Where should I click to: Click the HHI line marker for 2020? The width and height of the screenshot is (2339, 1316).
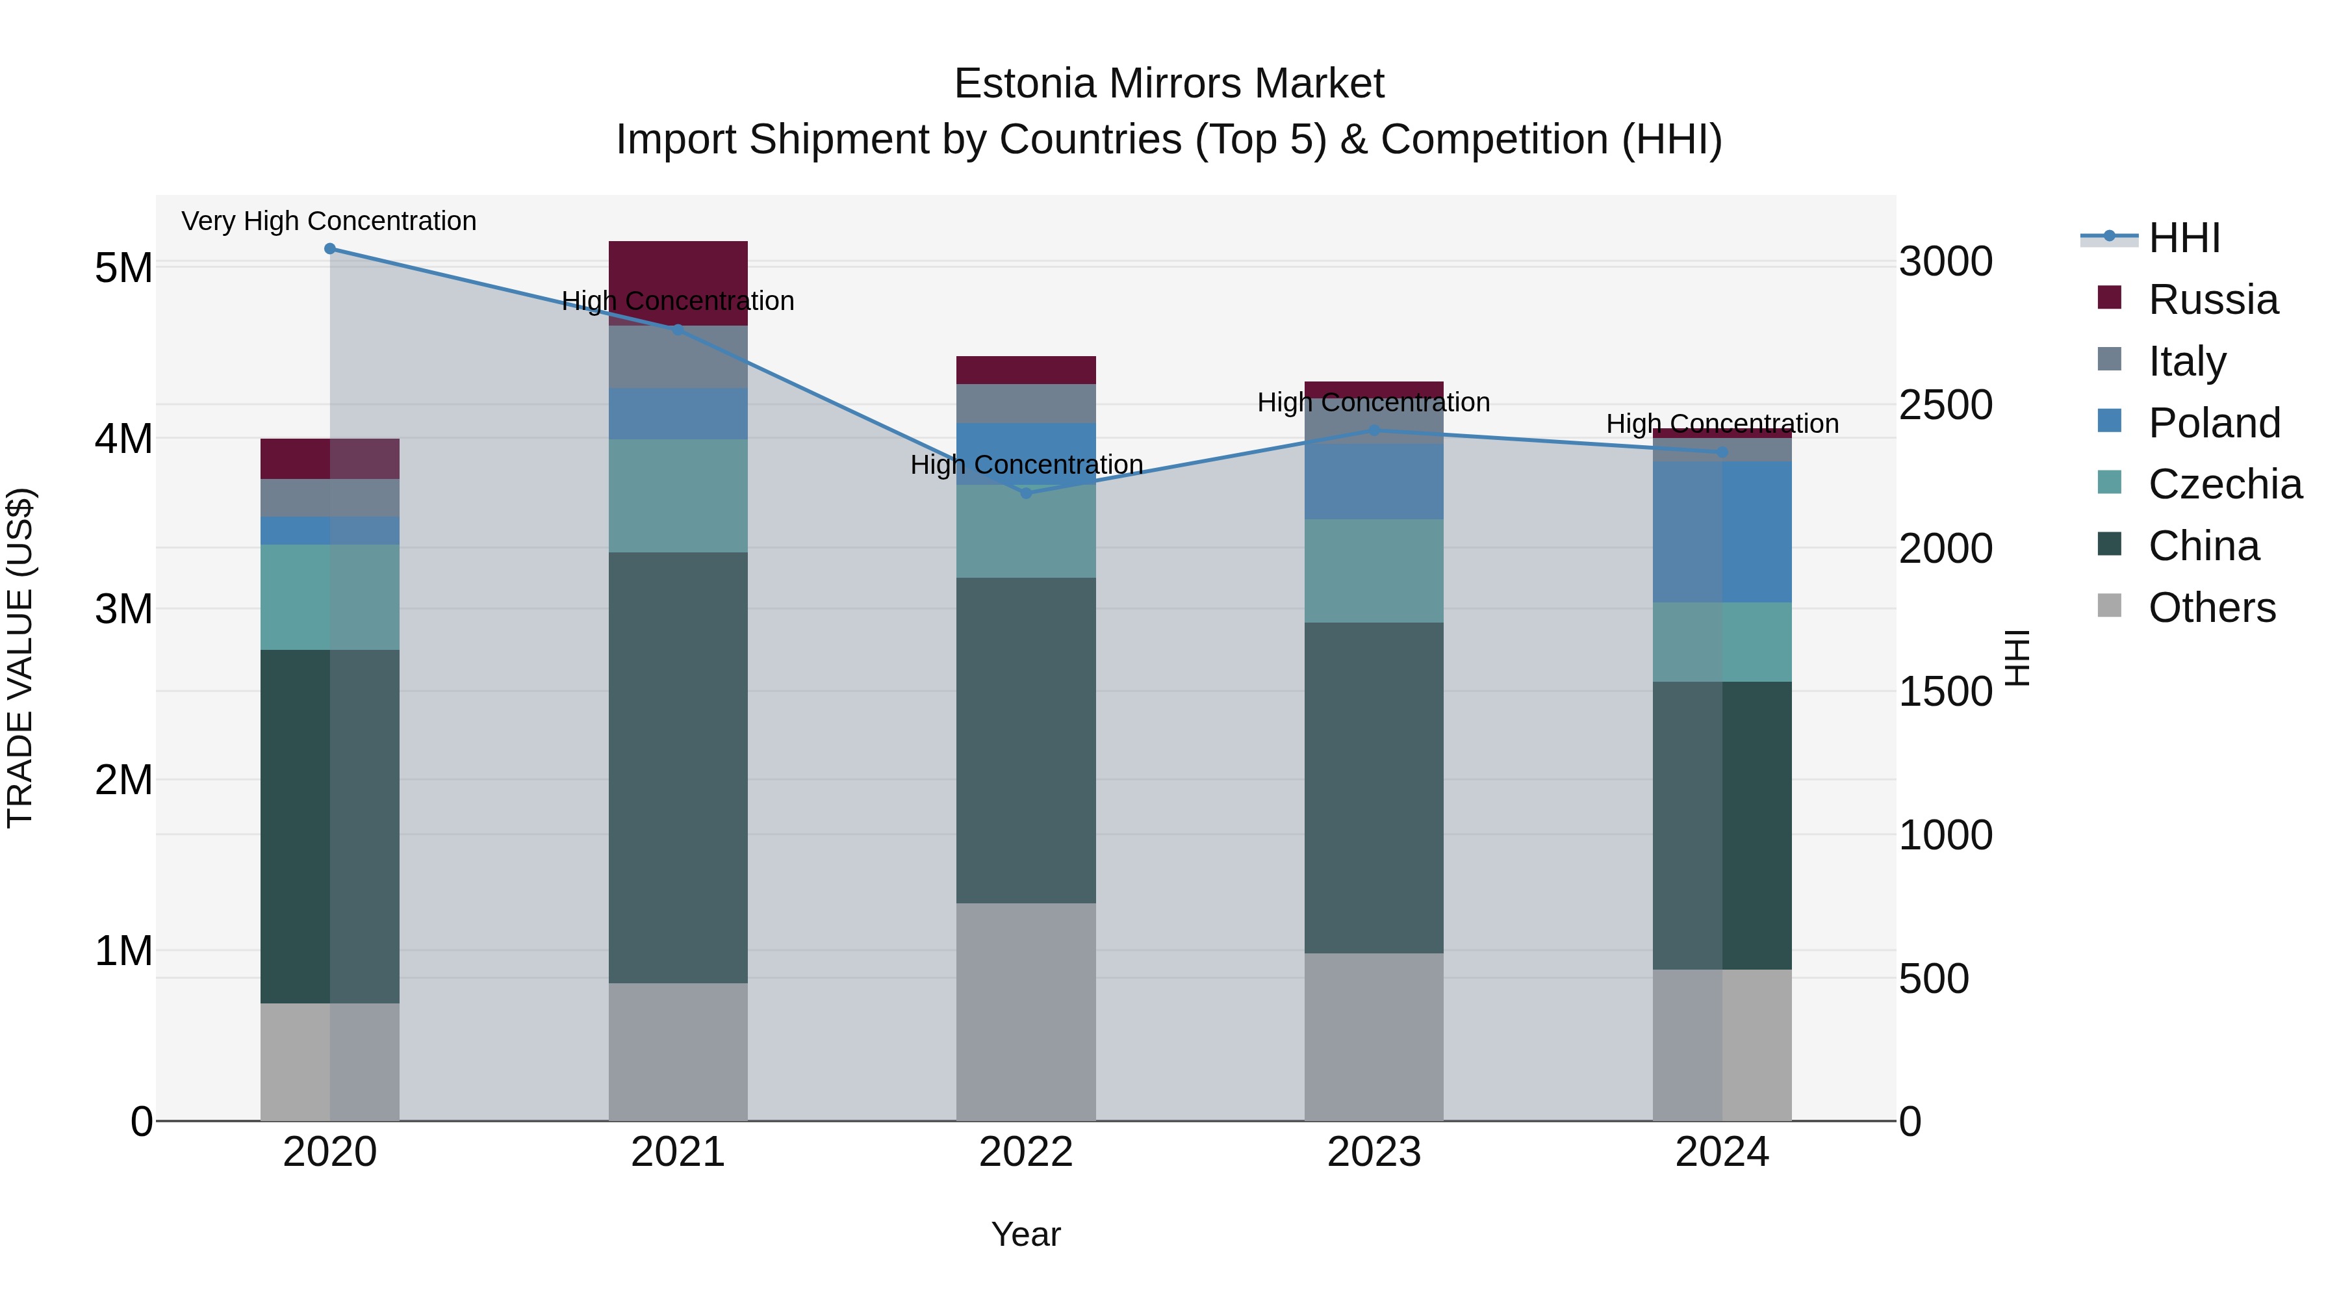tap(329, 249)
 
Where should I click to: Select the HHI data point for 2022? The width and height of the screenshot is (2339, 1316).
tap(1026, 493)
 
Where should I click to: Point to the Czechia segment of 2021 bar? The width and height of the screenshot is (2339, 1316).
tap(678, 496)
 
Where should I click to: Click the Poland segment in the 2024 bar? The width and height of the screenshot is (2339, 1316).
tap(1722, 532)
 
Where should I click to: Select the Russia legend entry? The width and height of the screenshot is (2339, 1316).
tap(2213, 300)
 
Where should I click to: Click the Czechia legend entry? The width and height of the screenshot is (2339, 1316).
tap(2225, 484)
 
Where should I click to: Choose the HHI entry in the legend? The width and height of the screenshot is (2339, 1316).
tap(2184, 238)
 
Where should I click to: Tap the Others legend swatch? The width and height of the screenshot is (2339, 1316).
tap(2109, 606)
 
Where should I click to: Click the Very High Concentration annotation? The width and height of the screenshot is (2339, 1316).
tap(329, 222)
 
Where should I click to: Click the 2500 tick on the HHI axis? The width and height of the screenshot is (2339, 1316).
tap(1945, 405)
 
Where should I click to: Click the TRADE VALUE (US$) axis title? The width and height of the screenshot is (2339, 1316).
tap(20, 658)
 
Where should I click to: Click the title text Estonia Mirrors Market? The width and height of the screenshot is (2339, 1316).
tap(1169, 84)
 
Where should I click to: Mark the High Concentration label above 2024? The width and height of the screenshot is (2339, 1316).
tap(1722, 424)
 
